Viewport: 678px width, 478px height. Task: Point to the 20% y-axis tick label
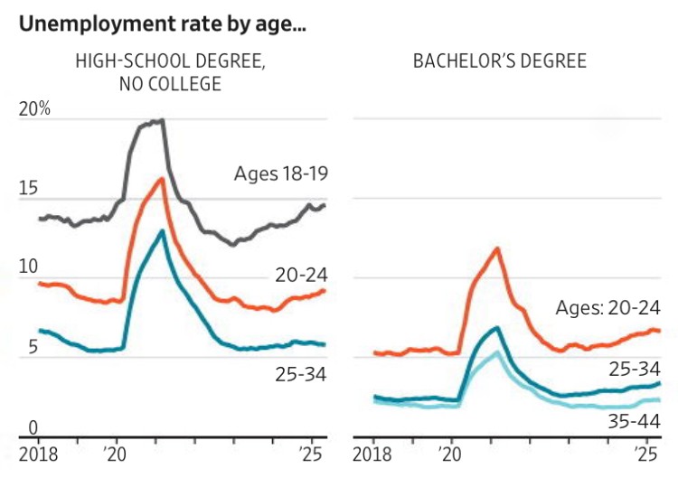[33, 109]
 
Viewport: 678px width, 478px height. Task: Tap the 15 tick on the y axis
[28, 189]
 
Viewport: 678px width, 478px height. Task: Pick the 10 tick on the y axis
[28, 267]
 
